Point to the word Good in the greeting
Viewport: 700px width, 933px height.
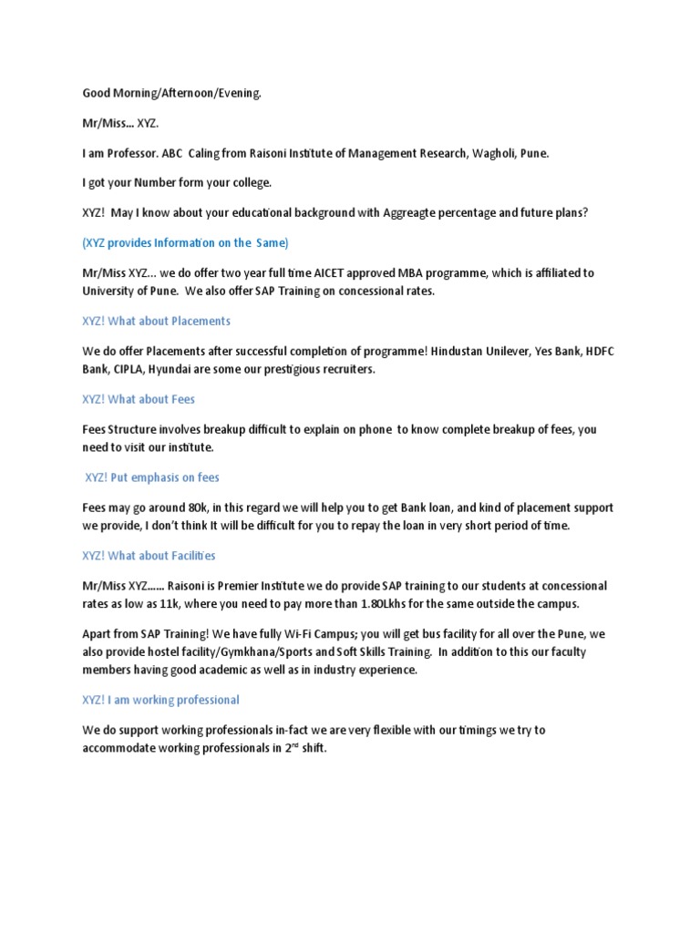click(x=98, y=93)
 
